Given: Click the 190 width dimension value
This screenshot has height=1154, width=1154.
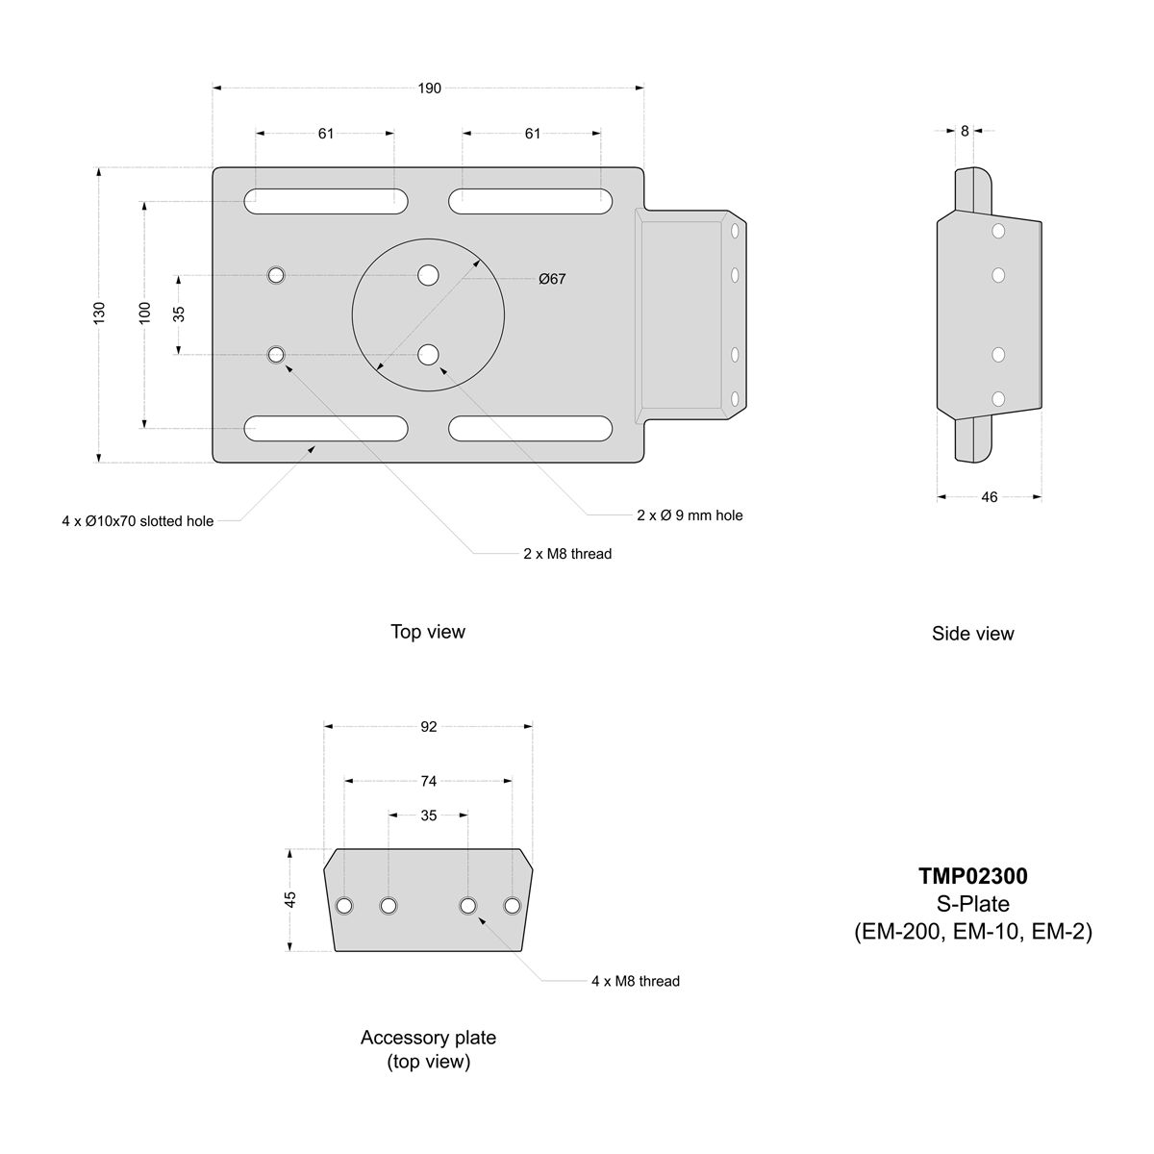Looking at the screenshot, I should pos(429,88).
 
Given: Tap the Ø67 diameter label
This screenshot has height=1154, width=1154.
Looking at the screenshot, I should pos(552,279).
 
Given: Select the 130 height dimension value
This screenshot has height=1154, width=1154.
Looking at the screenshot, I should pos(99,314).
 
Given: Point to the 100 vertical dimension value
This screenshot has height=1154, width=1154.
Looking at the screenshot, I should pos(145,314).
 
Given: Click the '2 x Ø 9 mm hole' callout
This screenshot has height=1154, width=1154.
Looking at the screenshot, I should pos(690,515).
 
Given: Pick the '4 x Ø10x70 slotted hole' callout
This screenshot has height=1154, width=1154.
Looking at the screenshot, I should pos(138,521).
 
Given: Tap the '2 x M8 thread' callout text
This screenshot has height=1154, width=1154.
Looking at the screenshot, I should pos(567,554).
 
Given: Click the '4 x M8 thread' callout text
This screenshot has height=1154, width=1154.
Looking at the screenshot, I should pos(636,981).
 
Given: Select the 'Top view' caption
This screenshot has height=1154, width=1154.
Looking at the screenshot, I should pos(428,632).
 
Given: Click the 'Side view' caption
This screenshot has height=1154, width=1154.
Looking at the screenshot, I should pos(972,634).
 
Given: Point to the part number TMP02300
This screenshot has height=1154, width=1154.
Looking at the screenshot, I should pos(972,876).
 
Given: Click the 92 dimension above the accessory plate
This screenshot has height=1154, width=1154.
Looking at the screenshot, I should pos(429,727).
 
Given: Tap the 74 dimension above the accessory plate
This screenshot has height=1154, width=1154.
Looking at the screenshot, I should pos(429,781).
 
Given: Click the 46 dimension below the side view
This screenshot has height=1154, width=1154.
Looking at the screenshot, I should pos(990,497).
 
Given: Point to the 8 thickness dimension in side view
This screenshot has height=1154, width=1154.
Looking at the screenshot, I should pos(965,132).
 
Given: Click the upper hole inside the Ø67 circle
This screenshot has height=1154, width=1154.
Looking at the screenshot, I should pos(428,276).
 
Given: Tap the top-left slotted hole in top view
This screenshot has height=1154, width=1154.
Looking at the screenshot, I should pos(325,201).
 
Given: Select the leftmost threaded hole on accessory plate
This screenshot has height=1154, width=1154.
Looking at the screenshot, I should pos(344,906).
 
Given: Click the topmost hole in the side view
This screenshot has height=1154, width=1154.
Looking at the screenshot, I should pos(998,231).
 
